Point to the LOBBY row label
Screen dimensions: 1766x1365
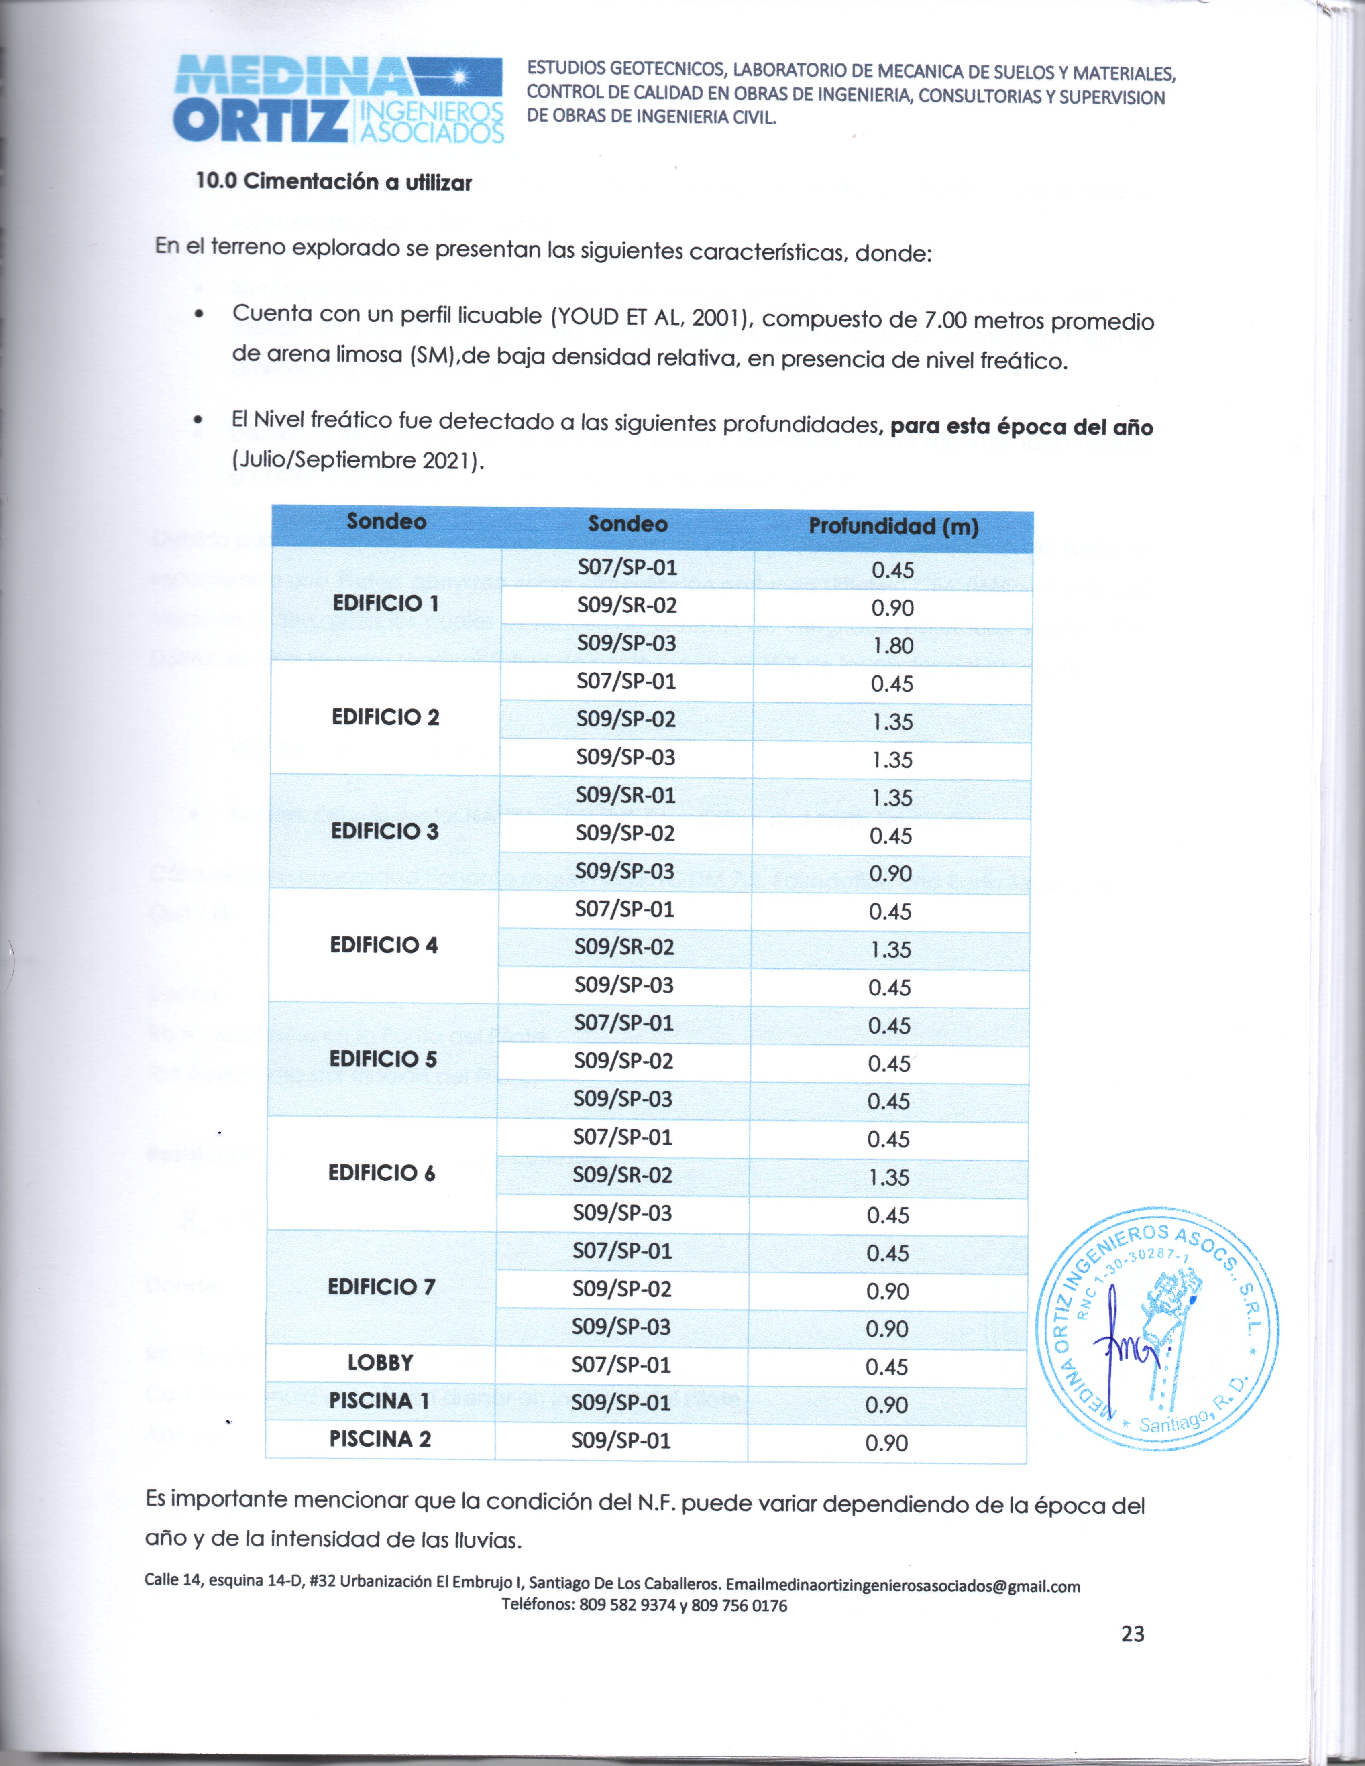[380, 1363]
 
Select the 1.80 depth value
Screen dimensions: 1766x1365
[893, 645]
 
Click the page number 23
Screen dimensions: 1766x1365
[1133, 1634]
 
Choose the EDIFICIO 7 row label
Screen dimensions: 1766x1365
[381, 1286]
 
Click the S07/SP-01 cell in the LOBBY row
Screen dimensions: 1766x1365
[621, 1365]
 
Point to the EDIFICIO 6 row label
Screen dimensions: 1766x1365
[382, 1172]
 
